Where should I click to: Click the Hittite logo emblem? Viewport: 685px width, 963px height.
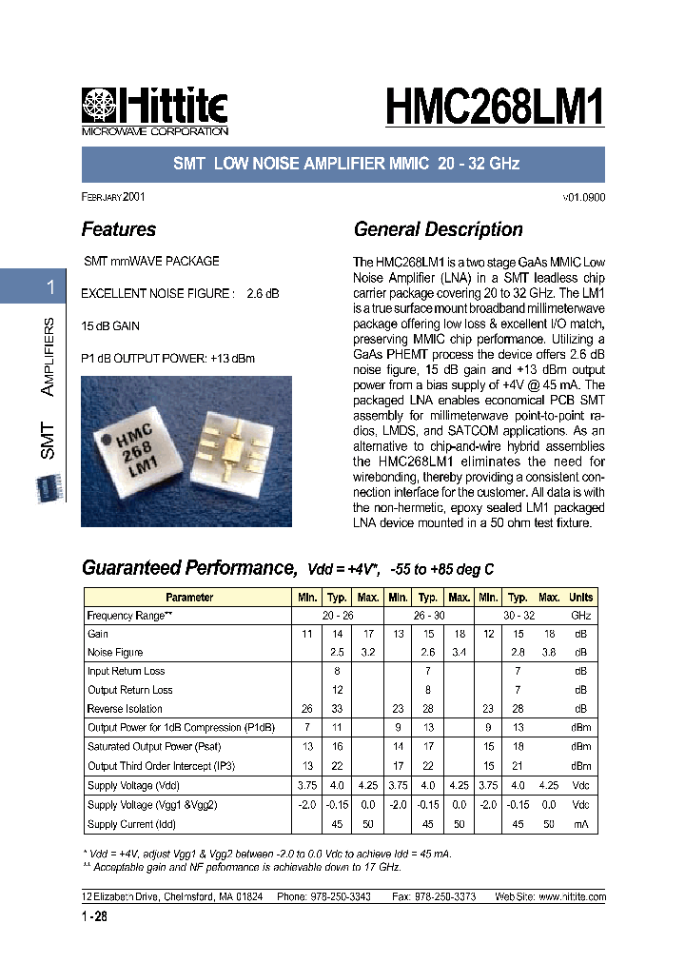(97, 105)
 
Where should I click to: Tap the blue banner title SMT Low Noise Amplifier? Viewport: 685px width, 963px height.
(345, 164)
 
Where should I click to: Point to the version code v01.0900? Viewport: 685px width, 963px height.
(584, 198)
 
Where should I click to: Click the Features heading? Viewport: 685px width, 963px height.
(119, 229)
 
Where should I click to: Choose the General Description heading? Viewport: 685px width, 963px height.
(438, 229)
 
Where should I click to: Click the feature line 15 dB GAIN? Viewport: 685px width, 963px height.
(111, 326)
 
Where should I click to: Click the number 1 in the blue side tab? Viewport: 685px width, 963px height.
(50, 287)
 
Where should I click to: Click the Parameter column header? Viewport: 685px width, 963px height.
(189, 598)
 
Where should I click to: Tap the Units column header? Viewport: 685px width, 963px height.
(580, 598)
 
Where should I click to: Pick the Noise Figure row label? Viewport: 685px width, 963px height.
(115, 653)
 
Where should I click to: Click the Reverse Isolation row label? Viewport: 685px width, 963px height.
(125, 709)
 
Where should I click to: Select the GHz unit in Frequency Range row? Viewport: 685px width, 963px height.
(580, 616)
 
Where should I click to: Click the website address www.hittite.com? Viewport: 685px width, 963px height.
(572, 897)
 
